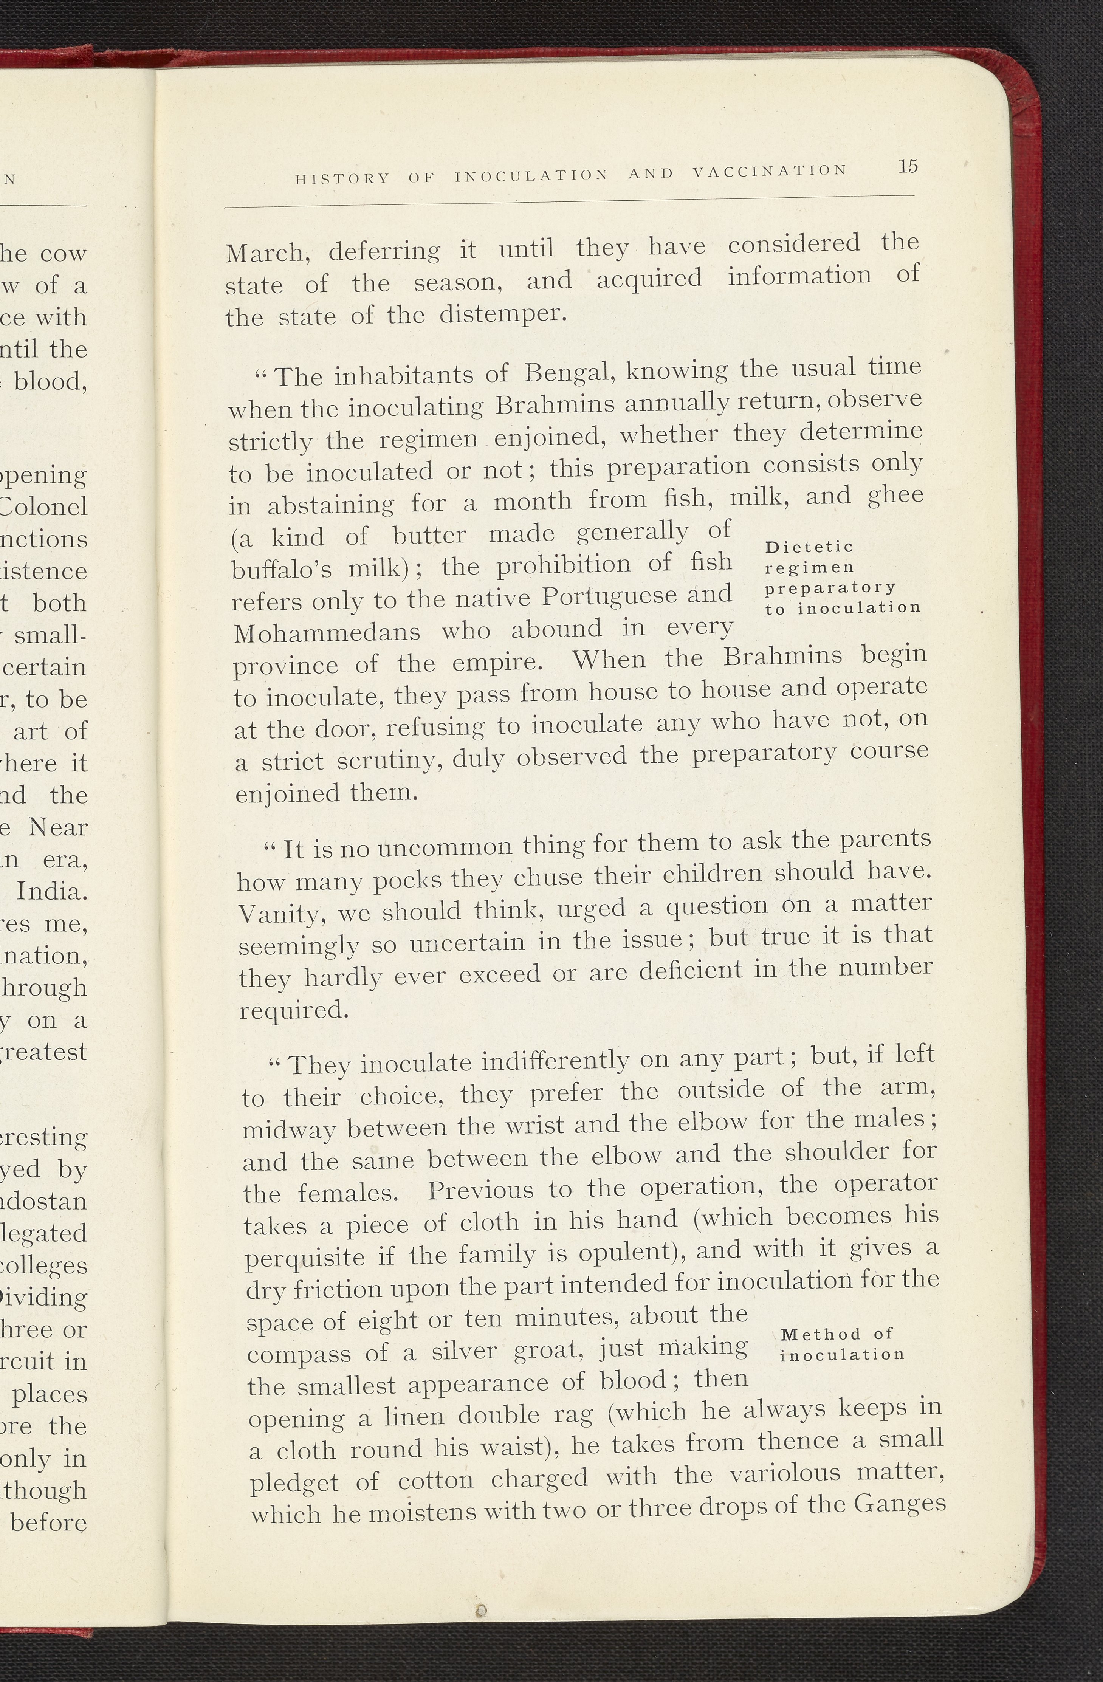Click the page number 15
click(x=908, y=167)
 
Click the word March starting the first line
click(x=265, y=253)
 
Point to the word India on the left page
click(x=52, y=891)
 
